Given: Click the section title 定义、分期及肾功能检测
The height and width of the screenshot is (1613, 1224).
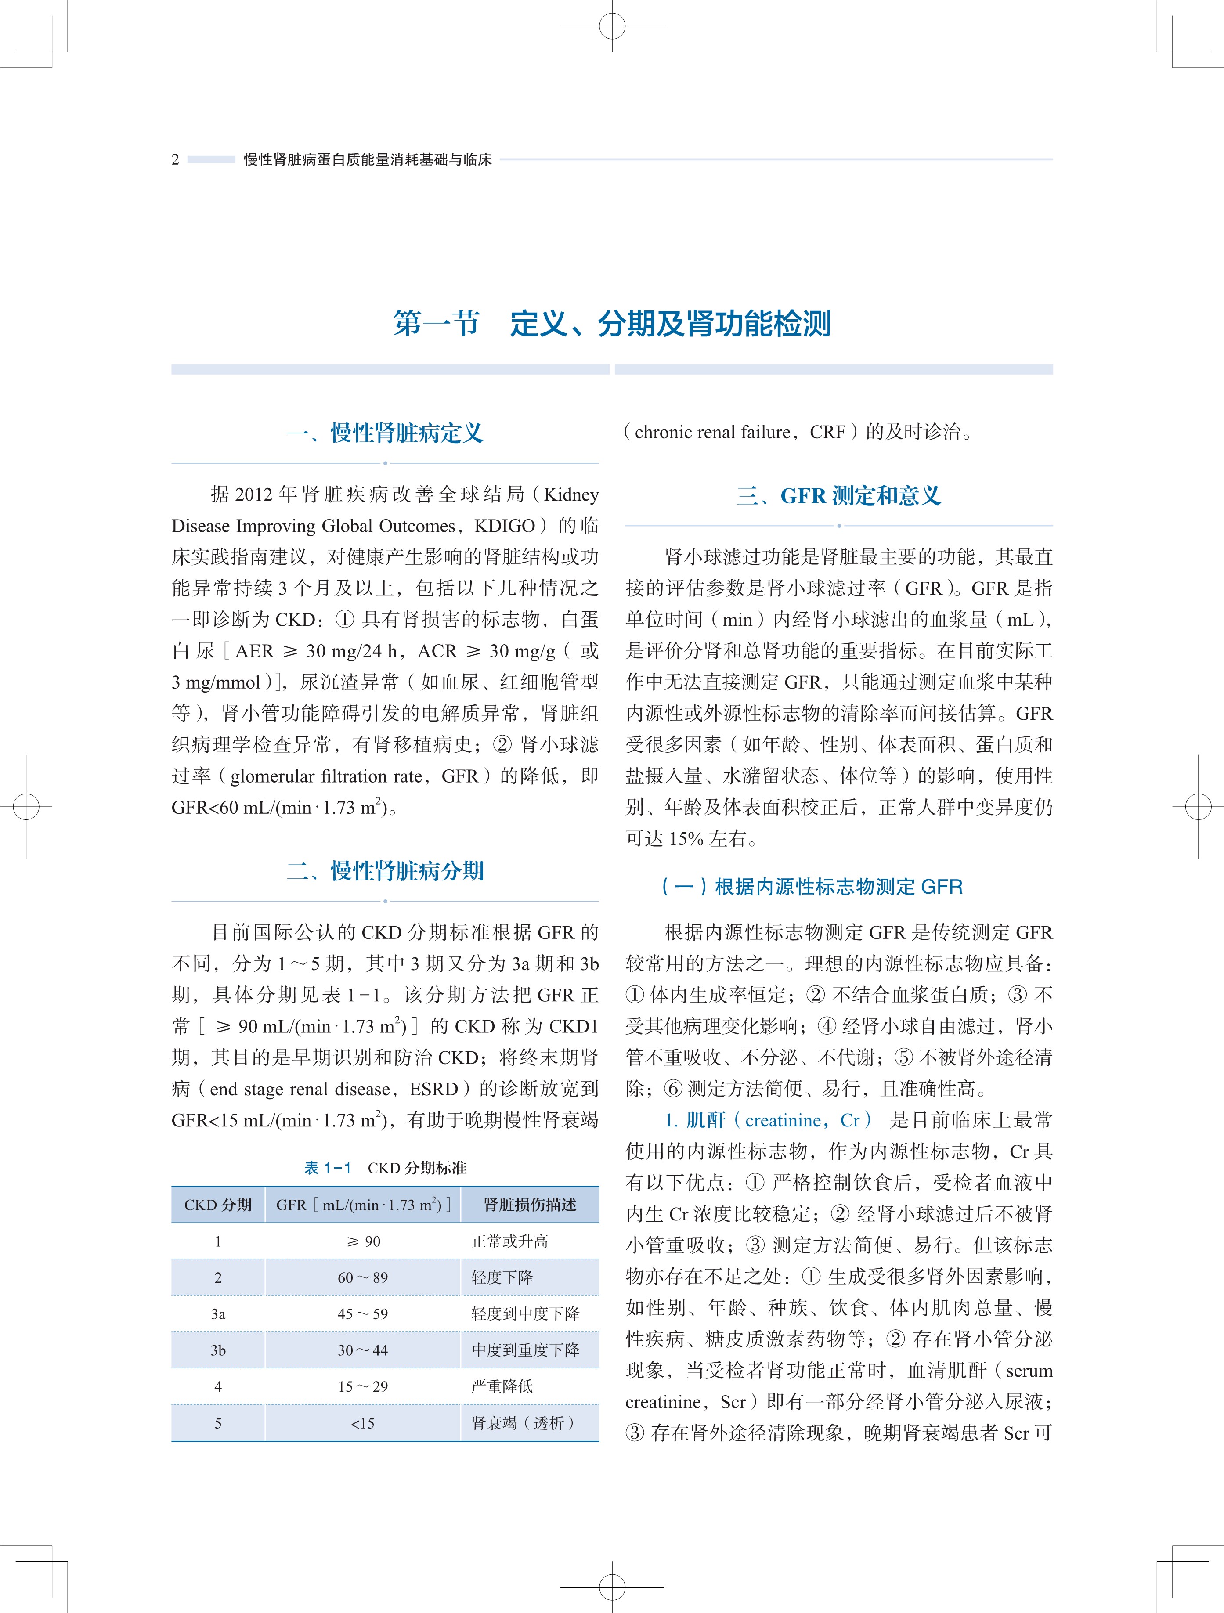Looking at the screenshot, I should click(x=670, y=324).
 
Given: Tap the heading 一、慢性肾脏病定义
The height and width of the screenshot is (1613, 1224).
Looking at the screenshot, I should click(x=385, y=433).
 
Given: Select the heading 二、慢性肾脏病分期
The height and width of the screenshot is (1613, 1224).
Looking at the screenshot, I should click(x=385, y=871).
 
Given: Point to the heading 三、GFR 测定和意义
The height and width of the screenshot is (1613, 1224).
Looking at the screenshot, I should click(x=839, y=496).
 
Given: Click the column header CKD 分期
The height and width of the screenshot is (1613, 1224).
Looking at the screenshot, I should click(x=218, y=1205).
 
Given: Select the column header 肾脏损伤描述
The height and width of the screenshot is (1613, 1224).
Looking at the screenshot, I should click(x=530, y=1205).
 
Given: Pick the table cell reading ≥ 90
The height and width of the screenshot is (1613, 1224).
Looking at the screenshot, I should click(x=362, y=1241).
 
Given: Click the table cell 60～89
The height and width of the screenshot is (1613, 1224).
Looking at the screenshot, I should click(x=362, y=1277).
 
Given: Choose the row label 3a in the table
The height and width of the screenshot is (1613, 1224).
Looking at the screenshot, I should click(x=218, y=1314).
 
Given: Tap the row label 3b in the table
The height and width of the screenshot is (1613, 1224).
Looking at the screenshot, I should click(x=218, y=1350).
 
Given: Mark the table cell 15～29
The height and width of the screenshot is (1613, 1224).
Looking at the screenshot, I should click(x=362, y=1386).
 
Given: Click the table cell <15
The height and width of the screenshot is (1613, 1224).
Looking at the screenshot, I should click(x=362, y=1423).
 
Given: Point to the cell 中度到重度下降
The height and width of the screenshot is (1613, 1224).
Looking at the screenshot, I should click(x=525, y=1350).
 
